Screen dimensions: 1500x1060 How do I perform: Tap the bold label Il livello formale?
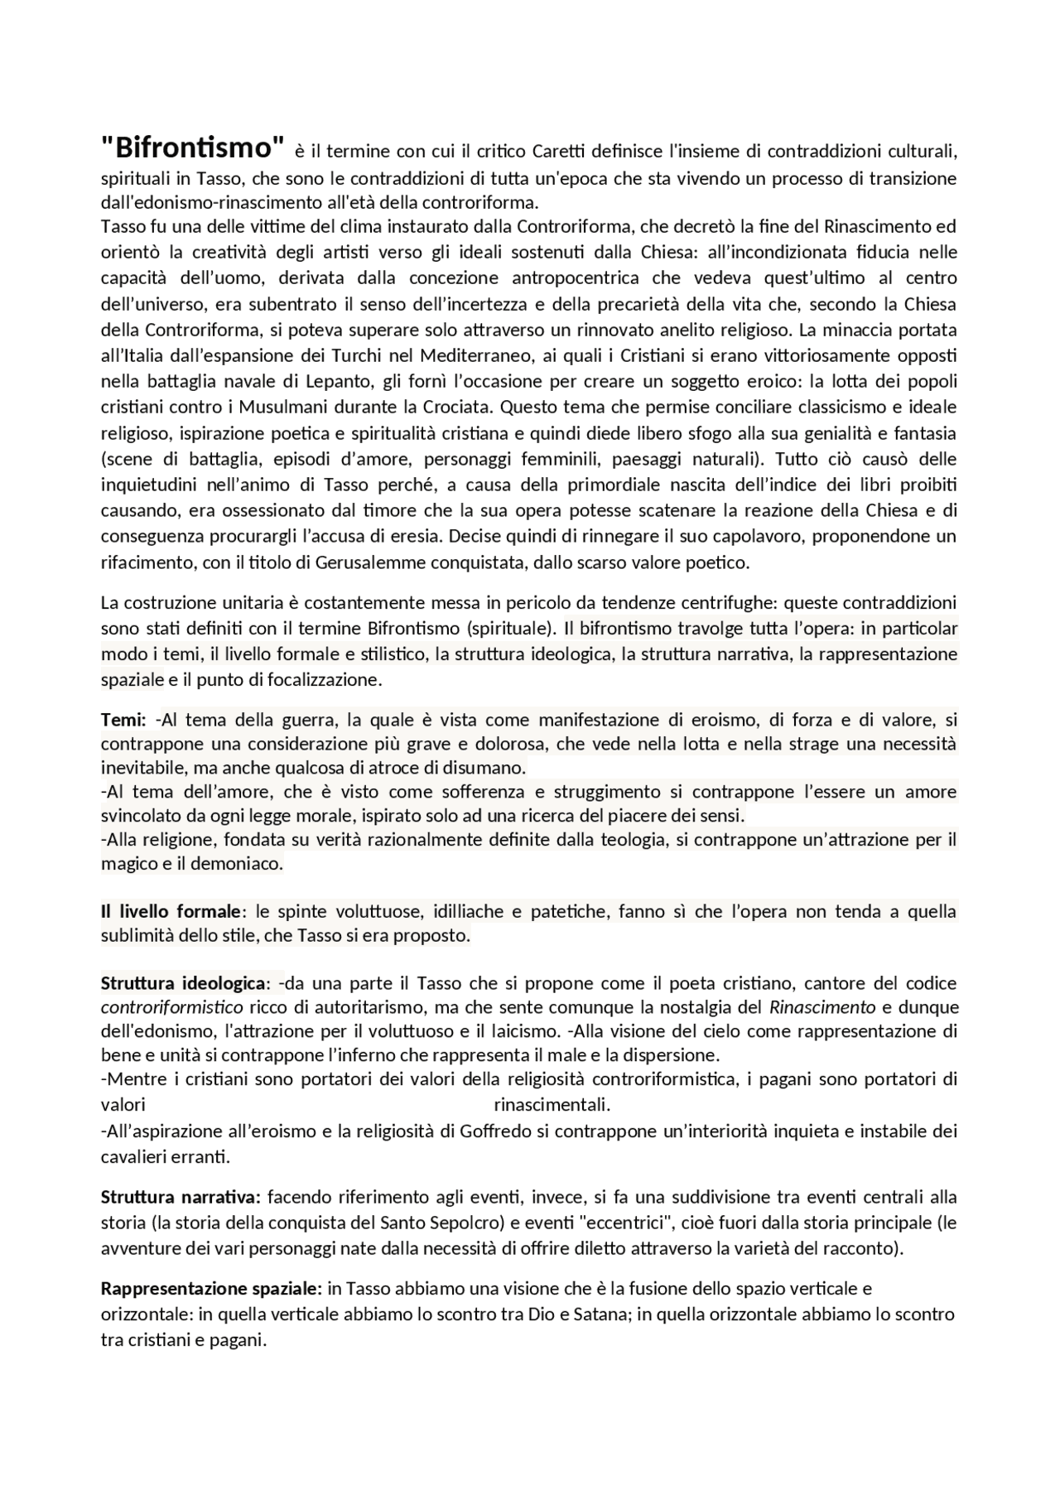click(x=170, y=911)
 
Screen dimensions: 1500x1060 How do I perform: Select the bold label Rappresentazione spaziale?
click(x=211, y=1288)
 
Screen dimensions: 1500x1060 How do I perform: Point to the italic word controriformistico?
click(x=172, y=1007)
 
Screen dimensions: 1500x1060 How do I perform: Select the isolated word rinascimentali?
click(x=552, y=1105)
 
